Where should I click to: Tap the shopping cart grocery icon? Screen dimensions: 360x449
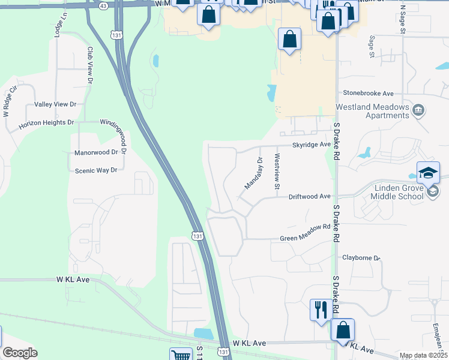click(x=180, y=356)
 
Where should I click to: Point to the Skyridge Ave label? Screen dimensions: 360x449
click(x=312, y=145)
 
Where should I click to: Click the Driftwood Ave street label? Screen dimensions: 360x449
click(x=309, y=196)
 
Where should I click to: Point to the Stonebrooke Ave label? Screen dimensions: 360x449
click(x=368, y=94)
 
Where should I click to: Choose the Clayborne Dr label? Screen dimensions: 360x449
click(x=361, y=258)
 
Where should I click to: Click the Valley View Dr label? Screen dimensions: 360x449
click(x=56, y=104)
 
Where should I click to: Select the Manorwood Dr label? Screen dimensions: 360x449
click(x=95, y=153)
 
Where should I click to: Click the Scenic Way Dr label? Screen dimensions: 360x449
click(x=95, y=170)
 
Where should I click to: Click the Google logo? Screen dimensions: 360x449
click(x=20, y=353)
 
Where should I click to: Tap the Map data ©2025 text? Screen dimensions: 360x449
click(x=423, y=356)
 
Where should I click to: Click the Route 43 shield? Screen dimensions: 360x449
click(x=104, y=5)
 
